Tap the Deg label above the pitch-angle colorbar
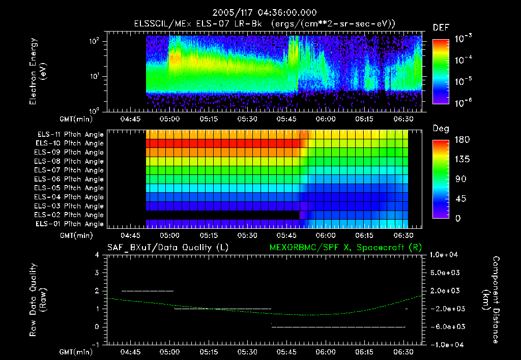tap(441, 129)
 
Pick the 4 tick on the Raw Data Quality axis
tap(100, 255)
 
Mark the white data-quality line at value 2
tap(148, 291)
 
